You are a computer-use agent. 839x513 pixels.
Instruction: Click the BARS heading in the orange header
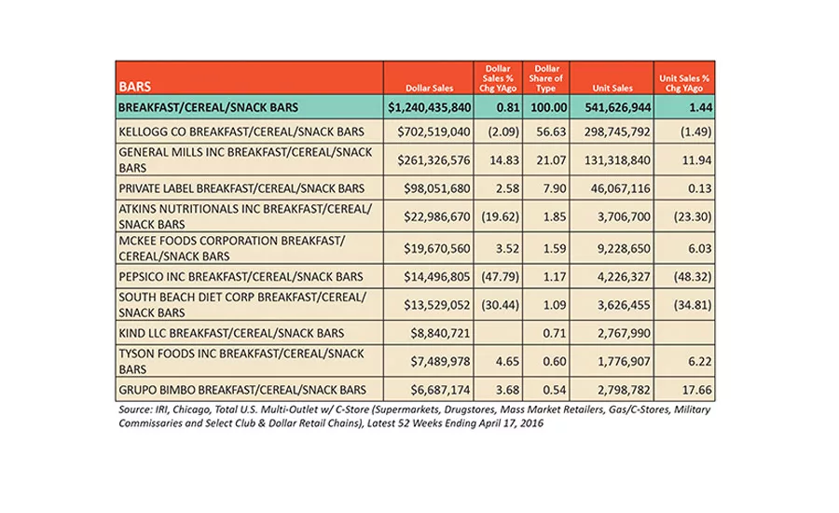135,87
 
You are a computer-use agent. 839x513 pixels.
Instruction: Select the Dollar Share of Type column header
545,78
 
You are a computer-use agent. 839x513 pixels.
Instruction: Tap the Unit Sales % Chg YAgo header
684,83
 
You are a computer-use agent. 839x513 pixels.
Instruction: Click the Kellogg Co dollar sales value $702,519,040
433,132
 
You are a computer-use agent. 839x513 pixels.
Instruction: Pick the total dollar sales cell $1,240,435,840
430,107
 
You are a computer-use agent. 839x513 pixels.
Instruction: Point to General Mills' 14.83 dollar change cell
504,160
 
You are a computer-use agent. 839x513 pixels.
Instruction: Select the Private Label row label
241,188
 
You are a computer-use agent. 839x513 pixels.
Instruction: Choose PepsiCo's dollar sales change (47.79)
500,277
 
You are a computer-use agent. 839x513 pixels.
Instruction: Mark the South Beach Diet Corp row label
242,305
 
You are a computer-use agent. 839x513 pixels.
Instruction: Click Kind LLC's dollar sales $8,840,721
440,333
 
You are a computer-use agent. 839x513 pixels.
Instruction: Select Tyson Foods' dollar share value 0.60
555,362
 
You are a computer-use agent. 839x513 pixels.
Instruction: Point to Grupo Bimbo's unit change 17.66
696,390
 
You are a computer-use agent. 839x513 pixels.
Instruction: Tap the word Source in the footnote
135,409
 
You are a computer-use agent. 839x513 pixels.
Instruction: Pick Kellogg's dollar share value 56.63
551,132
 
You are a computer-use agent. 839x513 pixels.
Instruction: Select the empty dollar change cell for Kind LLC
498,333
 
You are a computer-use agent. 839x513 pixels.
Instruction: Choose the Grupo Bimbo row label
242,390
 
